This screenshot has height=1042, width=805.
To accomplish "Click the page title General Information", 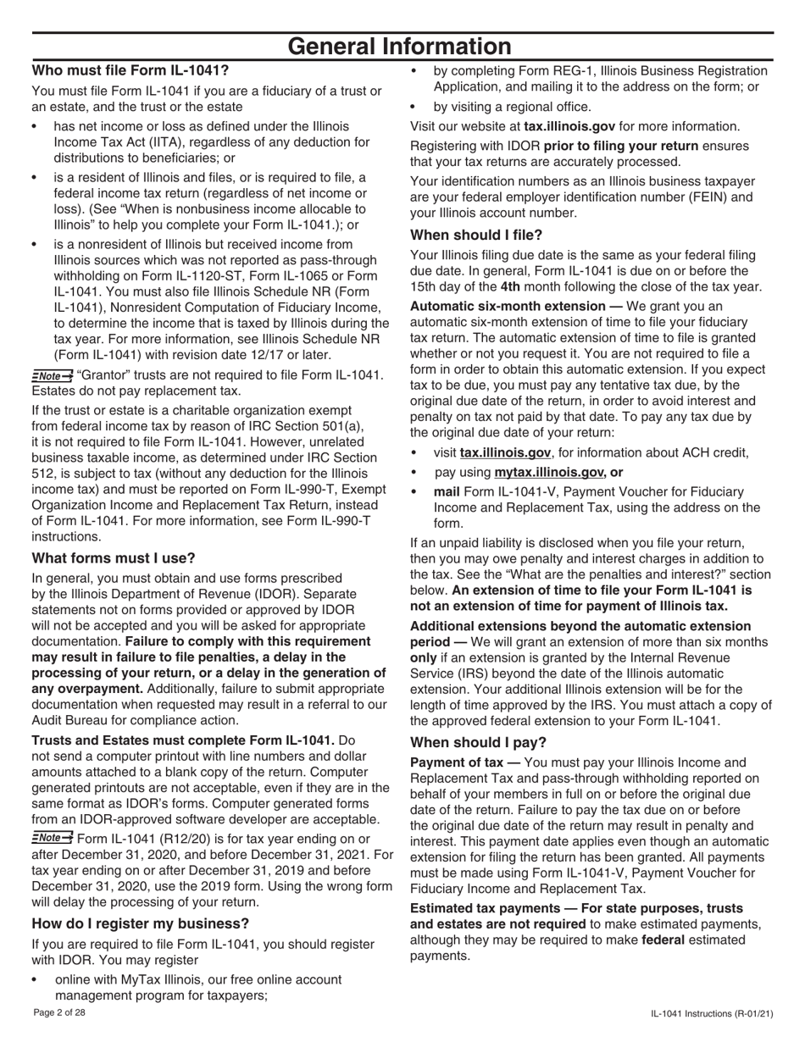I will (x=400, y=47).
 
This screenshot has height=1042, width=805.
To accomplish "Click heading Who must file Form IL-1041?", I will (x=130, y=71).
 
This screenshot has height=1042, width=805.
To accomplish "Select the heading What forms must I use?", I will (x=114, y=558).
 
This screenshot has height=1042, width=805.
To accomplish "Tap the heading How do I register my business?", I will (x=141, y=923).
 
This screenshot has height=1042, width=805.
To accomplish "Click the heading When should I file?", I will (x=476, y=235).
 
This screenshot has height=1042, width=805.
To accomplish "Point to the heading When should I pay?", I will (x=479, y=743).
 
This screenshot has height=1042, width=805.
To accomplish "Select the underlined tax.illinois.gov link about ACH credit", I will (x=505, y=453).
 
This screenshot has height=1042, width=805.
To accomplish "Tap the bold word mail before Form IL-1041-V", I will (x=447, y=492).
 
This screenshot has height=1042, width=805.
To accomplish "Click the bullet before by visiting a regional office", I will (x=414, y=107).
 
